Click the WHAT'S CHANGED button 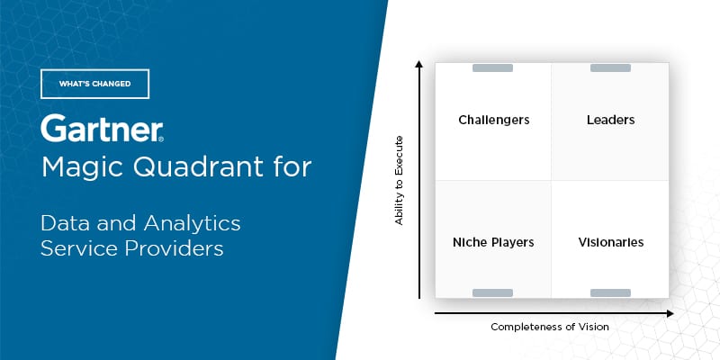(x=95, y=84)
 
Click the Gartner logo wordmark (x=102, y=128)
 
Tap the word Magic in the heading (x=83, y=167)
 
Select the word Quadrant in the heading (x=192, y=166)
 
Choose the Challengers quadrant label (x=494, y=121)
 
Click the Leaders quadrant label (x=611, y=120)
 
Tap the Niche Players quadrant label (x=493, y=242)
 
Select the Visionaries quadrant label (x=611, y=242)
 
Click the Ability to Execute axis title (x=399, y=181)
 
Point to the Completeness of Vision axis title (x=550, y=327)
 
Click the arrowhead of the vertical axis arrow (x=418, y=63)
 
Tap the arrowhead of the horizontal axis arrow (x=670, y=313)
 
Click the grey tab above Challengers (x=492, y=68)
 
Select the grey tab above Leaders (x=610, y=68)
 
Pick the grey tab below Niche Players (x=492, y=293)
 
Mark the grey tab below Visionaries (x=610, y=293)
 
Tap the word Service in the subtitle (x=79, y=248)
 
